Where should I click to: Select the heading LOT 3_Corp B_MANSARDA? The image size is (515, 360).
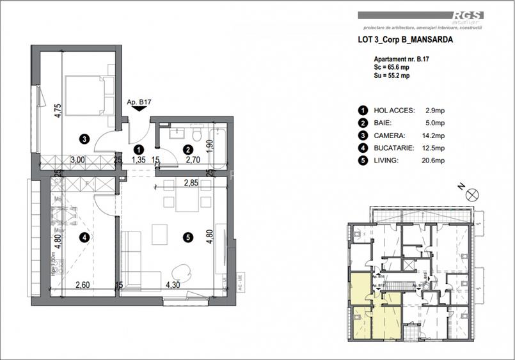click(405, 39)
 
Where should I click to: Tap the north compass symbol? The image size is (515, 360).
click(472, 195)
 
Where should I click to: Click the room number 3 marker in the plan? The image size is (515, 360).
click(84, 137)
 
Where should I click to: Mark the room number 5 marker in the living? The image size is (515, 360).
click(187, 237)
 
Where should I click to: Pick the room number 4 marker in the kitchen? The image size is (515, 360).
click(84, 237)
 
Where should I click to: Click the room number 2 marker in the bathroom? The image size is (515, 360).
click(187, 150)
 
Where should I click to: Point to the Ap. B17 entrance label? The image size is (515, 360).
click(138, 102)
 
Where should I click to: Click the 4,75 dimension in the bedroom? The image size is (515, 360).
click(58, 110)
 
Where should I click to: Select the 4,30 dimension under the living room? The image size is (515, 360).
click(173, 286)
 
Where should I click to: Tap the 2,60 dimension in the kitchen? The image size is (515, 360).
click(82, 286)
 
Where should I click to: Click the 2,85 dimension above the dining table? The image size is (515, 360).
click(191, 183)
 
